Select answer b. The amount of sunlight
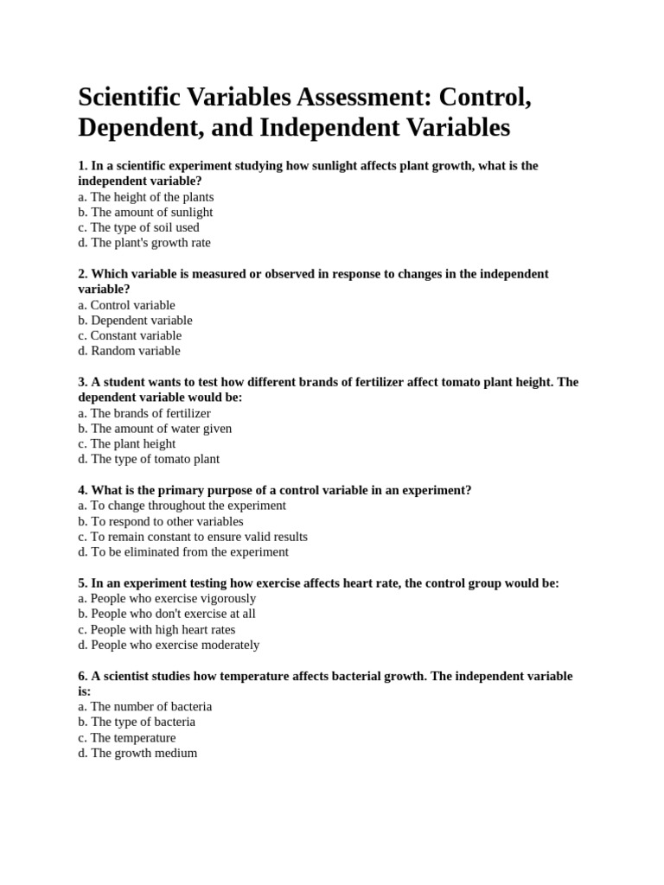point(145,212)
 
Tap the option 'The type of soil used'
point(138,227)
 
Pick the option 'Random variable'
point(129,351)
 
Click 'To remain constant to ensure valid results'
point(192,537)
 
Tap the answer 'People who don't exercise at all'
point(166,614)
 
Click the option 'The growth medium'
point(137,753)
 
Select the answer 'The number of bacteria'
point(144,706)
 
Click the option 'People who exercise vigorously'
point(167,598)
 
